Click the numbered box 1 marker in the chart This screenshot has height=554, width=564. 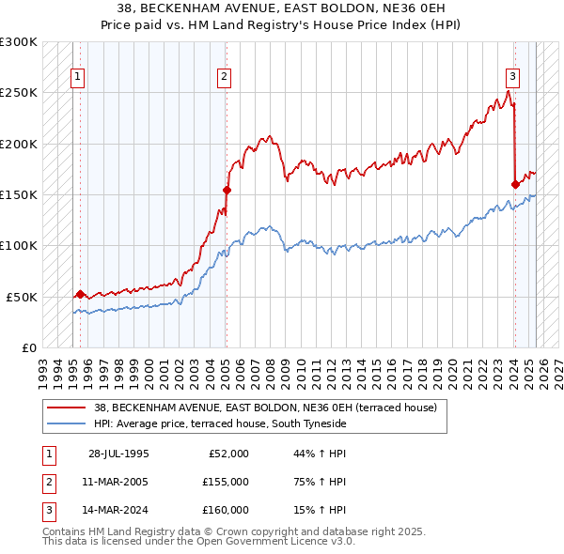[77, 78]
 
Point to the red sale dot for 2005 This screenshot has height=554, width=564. [227, 190]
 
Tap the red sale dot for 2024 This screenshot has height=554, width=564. [515, 184]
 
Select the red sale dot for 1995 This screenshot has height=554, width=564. [80, 294]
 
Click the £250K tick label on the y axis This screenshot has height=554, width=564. [19, 93]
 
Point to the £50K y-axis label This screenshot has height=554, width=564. [23, 297]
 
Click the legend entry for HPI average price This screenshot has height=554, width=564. [220, 424]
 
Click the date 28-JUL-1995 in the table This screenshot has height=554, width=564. [118, 454]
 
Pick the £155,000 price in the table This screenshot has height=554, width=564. [226, 482]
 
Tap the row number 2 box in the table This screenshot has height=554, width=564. [45, 482]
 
